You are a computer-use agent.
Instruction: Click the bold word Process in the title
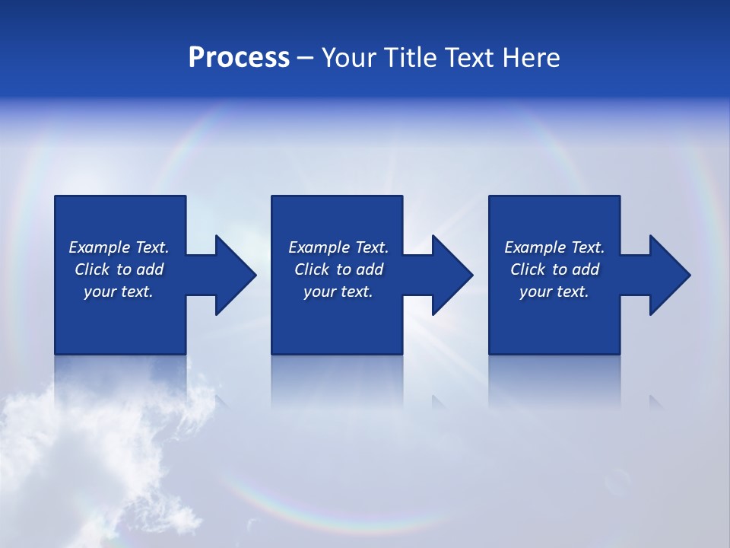239,58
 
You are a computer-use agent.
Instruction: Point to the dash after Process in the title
305,59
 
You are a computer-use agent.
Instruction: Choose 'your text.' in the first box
119,292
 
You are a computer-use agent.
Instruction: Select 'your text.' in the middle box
338,292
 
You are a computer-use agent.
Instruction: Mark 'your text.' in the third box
554,292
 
